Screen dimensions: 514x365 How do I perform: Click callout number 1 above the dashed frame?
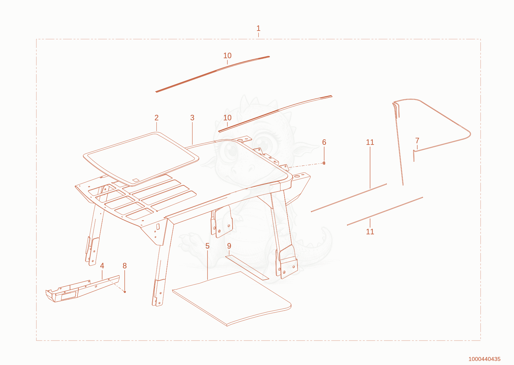258,28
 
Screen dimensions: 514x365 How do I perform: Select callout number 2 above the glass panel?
156,118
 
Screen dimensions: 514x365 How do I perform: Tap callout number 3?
192,118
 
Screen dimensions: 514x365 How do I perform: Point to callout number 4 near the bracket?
102,266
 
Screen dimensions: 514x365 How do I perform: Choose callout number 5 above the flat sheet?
208,246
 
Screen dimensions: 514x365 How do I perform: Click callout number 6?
324,142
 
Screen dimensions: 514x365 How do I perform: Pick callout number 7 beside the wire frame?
417,140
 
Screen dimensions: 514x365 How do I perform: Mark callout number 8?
125,266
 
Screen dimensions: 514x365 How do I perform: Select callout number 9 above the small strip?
229,246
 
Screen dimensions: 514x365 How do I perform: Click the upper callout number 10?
227,55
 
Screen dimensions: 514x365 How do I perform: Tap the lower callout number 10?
227,118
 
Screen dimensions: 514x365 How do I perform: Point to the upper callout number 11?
370,142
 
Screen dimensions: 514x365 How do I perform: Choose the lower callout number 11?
370,231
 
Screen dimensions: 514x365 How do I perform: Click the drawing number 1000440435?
484,359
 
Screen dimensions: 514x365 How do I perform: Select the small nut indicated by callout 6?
324,163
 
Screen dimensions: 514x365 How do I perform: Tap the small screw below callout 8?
125,292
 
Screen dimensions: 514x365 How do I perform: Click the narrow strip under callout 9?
247,267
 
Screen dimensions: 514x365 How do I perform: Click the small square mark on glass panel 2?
136,180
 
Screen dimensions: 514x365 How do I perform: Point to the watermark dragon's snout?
243,169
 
